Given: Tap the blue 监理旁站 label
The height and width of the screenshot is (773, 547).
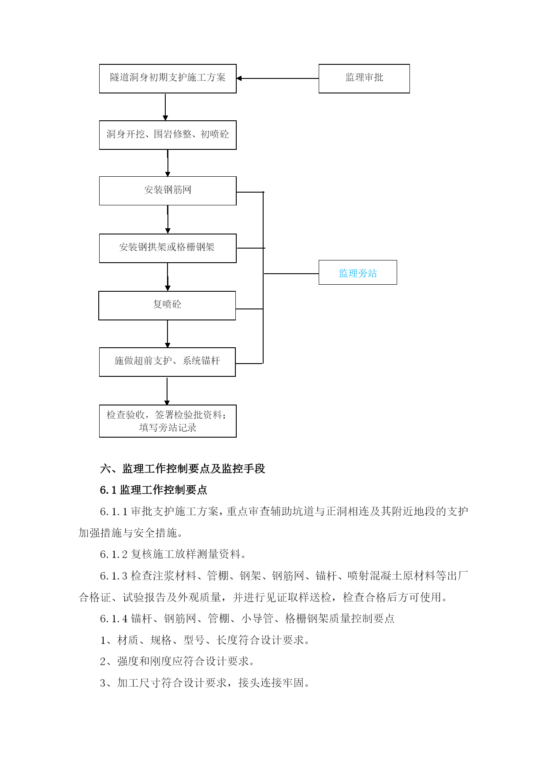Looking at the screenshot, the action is point(358,273).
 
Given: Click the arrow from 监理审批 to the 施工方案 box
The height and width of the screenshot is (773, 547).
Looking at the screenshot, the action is point(278,78).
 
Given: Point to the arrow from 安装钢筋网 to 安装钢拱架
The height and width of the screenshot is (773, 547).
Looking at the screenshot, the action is point(167,219).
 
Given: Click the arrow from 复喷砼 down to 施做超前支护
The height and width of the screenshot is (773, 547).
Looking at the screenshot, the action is point(167,334).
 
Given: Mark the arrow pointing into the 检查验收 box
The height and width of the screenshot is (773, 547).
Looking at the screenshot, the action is point(167,391).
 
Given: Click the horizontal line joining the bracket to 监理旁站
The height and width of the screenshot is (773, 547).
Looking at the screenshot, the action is point(291,274).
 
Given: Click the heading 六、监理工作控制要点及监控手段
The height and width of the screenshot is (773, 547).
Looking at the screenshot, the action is point(182,468).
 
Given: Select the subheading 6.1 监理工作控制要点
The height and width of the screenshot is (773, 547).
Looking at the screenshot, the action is point(153,490).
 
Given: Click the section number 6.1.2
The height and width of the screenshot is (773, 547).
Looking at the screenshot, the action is point(114,554).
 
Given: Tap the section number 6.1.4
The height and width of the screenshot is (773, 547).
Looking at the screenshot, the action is point(114,619).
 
